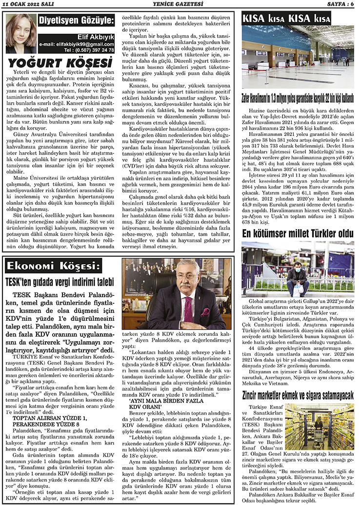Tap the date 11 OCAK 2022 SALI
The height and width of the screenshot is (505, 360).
tap(31, 4)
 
